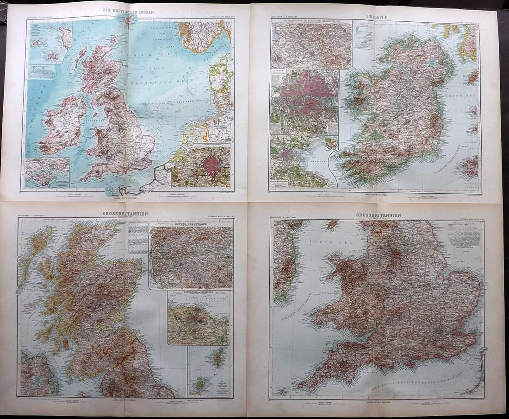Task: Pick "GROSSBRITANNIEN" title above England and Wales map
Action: tap(379, 216)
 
